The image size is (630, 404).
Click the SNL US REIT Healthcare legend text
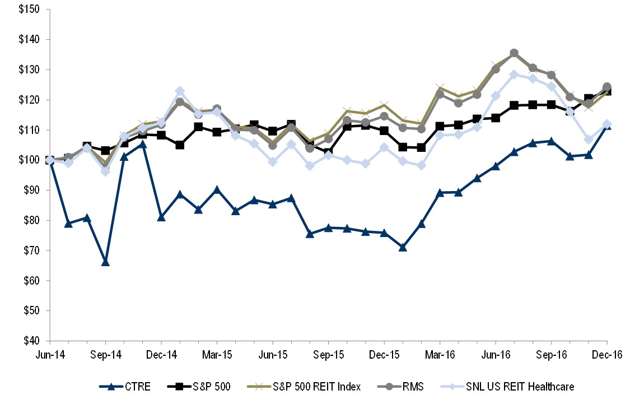515,386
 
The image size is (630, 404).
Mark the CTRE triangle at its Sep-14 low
105,262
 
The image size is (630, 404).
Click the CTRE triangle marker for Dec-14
161,217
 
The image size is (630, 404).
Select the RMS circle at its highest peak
514,53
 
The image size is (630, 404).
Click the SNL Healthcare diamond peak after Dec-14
180,91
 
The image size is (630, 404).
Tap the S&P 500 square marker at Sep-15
328,152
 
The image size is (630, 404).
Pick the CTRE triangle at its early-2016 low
403,247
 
